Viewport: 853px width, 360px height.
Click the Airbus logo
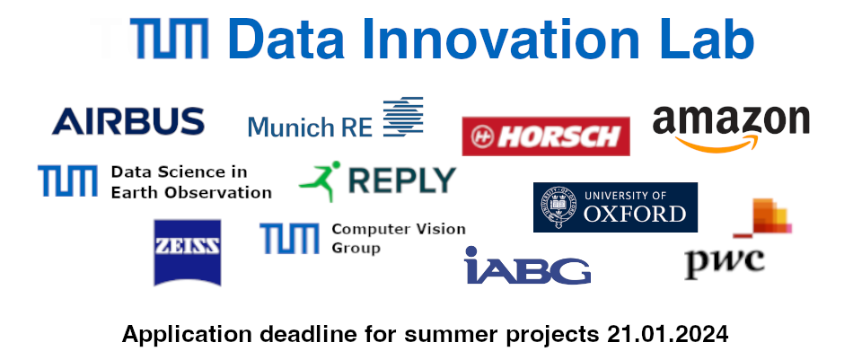pyautogui.click(x=128, y=121)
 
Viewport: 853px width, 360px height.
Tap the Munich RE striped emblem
pyautogui.click(x=403, y=118)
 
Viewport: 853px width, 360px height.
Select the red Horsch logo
pyautogui.click(x=546, y=136)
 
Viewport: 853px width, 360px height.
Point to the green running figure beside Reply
pyautogui.click(x=321, y=180)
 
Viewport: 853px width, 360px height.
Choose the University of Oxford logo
pyautogui.click(x=615, y=206)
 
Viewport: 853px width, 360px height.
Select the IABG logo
pyautogui.click(x=527, y=266)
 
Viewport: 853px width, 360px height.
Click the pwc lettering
pyautogui.click(x=725, y=262)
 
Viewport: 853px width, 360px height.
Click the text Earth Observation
pyautogui.click(x=191, y=192)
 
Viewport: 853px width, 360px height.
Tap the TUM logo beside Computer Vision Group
pyautogui.click(x=289, y=239)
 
